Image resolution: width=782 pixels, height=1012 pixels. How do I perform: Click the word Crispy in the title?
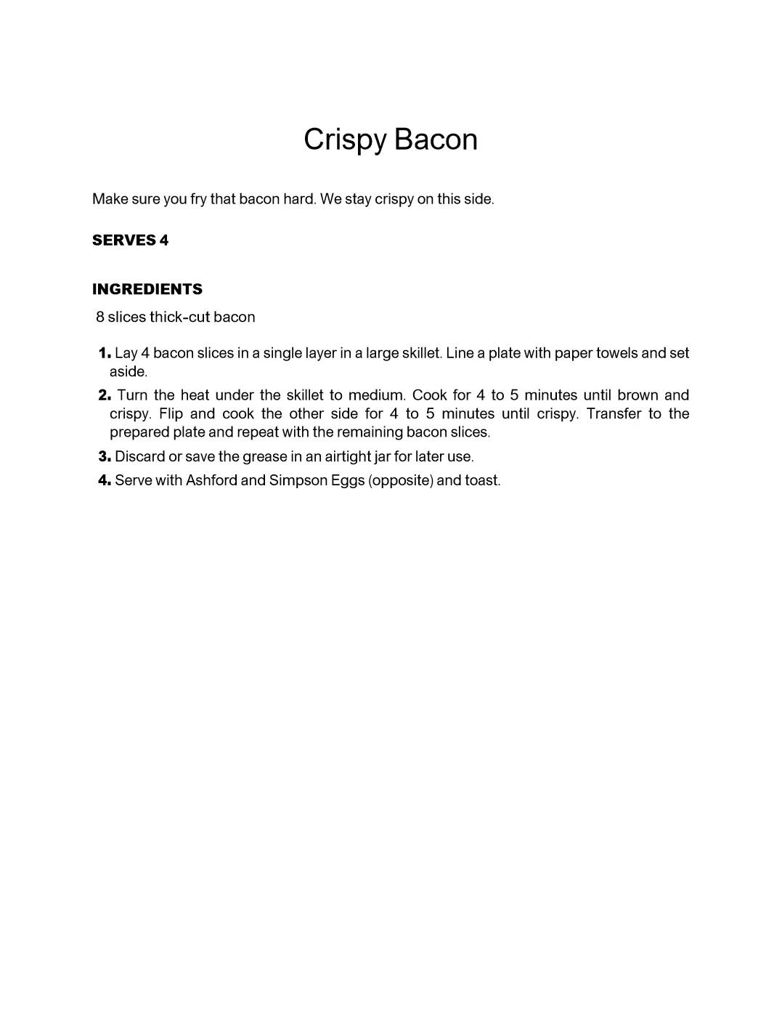[345, 140]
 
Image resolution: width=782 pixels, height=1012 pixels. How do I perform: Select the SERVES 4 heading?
[130, 240]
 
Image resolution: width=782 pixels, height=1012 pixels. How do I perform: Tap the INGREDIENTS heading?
[147, 289]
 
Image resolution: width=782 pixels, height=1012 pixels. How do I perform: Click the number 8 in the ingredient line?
[100, 317]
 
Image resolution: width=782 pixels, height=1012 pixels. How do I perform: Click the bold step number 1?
[104, 353]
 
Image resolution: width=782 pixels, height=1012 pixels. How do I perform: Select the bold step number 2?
[104, 395]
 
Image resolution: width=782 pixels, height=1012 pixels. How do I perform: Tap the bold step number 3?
[104, 456]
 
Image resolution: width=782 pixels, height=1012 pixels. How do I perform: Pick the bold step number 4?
[104, 480]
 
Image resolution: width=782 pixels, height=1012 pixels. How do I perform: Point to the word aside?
[128, 372]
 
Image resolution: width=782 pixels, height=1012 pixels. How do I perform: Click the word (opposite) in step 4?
[401, 481]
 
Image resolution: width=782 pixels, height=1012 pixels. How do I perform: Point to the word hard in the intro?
[298, 199]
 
